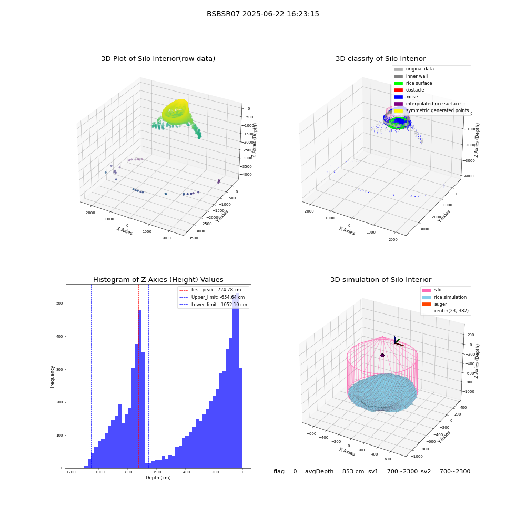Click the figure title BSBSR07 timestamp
pos(262,14)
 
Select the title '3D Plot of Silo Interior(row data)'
pos(158,59)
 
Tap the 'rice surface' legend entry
pos(413,83)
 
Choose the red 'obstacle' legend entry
pos(409,90)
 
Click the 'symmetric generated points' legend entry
pos(431,110)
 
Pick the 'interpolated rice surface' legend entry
pos(427,104)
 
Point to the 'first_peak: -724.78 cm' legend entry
pos(210,290)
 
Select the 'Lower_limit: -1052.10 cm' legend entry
pos(214,305)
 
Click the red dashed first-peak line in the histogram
pos(138,376)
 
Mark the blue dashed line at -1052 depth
pos(91,376)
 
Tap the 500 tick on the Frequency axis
pos(59,304)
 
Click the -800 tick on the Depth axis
pos(127,472)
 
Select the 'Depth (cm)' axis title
pos(158,478)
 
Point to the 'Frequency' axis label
pos(52,377)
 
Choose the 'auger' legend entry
pos(434,304)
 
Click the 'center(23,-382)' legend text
pos(451,311)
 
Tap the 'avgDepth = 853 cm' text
pos(335,471)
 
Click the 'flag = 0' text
pos(285,471)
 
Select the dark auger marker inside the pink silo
pos(382,355)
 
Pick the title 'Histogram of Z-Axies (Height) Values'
pos(158,280)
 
